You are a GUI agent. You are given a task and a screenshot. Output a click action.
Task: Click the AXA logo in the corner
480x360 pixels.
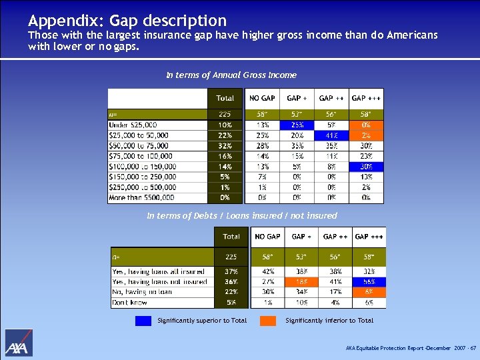(x=19, y=343)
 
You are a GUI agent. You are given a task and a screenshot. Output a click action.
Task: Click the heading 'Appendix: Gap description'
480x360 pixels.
(x=127, y=21)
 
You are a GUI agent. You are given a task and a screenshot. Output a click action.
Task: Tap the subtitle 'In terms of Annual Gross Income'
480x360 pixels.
(x=231, y=75)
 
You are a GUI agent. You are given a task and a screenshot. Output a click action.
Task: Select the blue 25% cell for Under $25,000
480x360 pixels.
(x=297, y=125)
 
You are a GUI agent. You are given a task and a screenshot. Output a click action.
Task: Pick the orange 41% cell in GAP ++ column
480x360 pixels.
(x=331, y=135)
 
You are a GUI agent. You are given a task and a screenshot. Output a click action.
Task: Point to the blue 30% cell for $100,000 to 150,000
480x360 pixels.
(x=366, y=167)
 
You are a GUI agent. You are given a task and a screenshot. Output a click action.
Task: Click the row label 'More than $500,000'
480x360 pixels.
(x=141, y=198)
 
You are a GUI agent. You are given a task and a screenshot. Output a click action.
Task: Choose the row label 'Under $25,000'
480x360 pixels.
(x=133, y=125)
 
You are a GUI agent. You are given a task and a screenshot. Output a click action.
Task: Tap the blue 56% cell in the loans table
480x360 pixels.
(x=369, y=282)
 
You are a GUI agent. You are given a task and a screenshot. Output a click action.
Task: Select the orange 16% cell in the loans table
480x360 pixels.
(x=301, y=282)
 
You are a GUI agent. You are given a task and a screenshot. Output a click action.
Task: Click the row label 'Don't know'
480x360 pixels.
(x=130, y=303)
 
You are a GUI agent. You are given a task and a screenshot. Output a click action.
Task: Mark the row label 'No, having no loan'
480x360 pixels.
(x=143, y=292)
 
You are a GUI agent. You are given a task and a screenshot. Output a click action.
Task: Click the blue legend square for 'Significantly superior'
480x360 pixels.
(x=143, y=321)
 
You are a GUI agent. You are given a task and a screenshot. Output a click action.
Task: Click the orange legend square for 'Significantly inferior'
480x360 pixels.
(x=268, y=321)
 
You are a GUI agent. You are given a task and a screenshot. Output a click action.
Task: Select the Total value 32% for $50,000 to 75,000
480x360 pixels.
(x=225, y=146)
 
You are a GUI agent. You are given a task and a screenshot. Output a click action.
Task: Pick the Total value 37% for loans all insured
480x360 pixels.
(x=231, y=271)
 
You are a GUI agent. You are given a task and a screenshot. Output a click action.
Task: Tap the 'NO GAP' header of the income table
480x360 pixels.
(x=262, y=98)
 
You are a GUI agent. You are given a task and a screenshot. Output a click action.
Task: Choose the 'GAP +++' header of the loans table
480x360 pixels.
(x=369, y=237)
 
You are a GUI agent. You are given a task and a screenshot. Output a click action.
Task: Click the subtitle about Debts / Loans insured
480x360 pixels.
(x=241, y=215)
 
